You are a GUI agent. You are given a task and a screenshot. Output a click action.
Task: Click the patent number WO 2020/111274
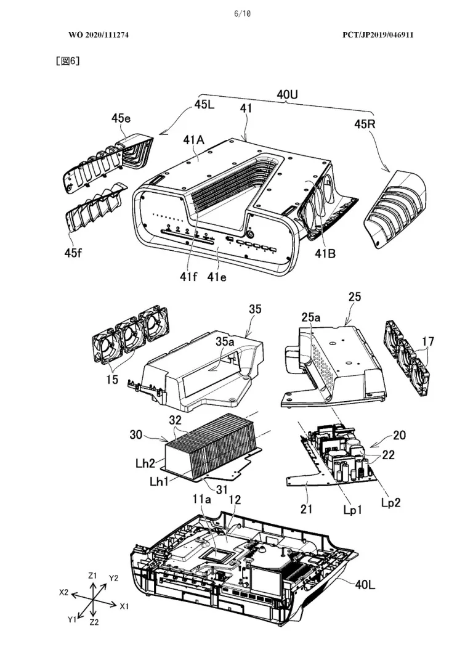(99, 35)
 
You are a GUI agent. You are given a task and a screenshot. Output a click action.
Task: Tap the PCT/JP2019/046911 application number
(378, 35)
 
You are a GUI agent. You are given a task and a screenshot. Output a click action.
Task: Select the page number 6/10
(242, 14)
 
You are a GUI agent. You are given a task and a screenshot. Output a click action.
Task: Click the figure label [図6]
(68, 60)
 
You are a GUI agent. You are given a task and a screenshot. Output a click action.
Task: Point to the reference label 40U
(288, 95)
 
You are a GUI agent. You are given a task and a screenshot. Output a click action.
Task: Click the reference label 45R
(365, 124)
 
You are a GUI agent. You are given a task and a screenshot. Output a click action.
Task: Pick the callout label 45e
(121, 119)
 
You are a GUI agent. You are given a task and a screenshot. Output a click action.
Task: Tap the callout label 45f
(73, 253)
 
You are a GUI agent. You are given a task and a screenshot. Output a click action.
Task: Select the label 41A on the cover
(193, 140)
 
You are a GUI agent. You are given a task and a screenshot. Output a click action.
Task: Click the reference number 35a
(225, 342)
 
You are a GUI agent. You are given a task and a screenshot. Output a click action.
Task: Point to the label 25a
(310, 317)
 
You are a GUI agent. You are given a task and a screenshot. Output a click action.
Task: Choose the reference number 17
(428, 341)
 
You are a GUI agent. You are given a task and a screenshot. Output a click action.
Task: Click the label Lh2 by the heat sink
(145, 463)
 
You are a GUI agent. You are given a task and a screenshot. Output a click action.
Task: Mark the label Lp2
(390, 503)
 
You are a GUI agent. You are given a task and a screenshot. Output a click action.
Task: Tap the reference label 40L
(365, 584)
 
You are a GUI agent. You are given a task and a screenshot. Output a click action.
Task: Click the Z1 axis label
(92, 576)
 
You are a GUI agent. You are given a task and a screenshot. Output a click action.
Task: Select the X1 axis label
(124, 606)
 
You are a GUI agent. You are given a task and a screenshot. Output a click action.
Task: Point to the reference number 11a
(202, 500)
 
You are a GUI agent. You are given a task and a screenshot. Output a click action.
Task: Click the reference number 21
(306, 509)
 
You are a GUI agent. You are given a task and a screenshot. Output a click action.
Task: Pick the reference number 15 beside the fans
(112, 379)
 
